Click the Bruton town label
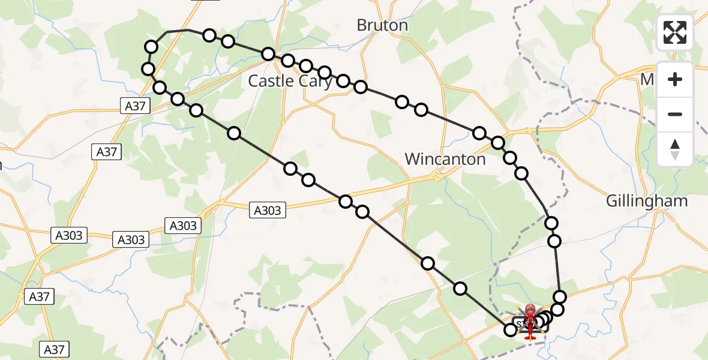click(382, 25)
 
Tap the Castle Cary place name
click(290, 81)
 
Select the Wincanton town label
click(445, 159)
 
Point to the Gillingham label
click(647, 201)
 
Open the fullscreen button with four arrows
click(675, 32)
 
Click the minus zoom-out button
click(675, 114)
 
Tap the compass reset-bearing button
click(675, 149)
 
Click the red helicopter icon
click(530, 318)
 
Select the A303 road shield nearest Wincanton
click(267, 210)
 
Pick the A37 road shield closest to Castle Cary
click(135, 106)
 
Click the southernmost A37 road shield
click(55, 349)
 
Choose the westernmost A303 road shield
click(70, 235)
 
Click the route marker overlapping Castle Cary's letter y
click(325, 73)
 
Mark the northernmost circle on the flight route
click(209, 35)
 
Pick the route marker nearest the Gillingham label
click(551, 223)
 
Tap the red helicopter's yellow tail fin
click(530, 337)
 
